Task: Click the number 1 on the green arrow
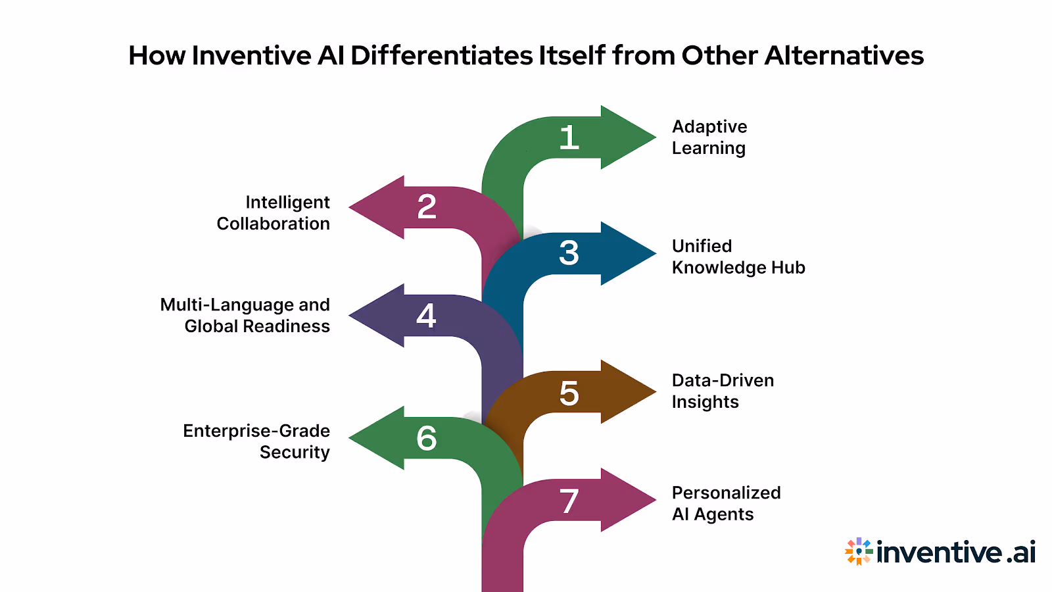pos(569,138)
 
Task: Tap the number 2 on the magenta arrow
pos(427,207)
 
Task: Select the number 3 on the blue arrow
pos(569,253)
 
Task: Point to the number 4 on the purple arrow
pos(426,316)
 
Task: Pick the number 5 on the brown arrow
pos(569,393)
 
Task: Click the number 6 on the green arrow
pos(426,438)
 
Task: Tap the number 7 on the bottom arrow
pos(569,501)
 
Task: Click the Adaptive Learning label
pos(709,137)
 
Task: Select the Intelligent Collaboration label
pos(274,212)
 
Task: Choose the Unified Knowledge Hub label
pos(738,257)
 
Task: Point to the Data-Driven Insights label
pos(722,391)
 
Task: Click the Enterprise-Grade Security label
pos(256,441)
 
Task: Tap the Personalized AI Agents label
pos(726,503)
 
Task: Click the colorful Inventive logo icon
pos(858,551)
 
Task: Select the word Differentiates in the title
pos(441,56)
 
